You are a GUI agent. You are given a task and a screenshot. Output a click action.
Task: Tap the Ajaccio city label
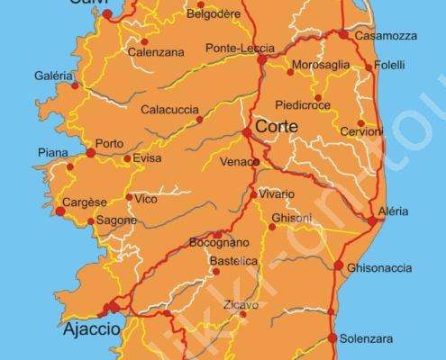tap(91, 329)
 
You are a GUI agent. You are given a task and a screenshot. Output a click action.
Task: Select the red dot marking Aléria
tap(372, 220)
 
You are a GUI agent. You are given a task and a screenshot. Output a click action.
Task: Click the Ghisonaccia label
tap(378, 268)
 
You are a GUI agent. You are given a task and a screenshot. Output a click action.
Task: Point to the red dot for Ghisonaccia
tap(339, 265)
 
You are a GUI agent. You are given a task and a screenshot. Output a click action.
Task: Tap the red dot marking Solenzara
tap(332, 338)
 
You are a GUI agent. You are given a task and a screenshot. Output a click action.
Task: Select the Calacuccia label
tap(168, 110)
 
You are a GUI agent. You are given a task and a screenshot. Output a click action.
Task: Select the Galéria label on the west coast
tap(53, 76)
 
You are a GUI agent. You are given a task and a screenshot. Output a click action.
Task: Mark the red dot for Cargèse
tap(60, 211)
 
